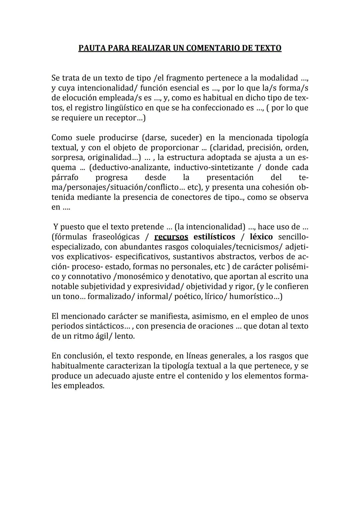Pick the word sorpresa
coord(68,157)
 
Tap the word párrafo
coord(65,177)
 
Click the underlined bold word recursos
coord(171,237)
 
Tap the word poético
coord(187,296)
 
